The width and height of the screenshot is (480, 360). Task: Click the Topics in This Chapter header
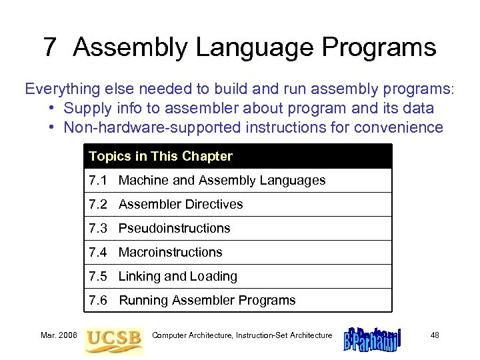161,157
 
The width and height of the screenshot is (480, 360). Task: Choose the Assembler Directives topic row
181,205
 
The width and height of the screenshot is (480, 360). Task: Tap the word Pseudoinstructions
174,229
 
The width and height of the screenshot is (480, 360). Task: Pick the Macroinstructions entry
170,253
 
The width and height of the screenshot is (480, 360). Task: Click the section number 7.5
98,277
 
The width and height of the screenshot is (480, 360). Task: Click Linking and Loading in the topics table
177,277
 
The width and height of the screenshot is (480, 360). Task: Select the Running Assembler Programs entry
207,301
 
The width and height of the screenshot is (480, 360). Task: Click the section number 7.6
98,301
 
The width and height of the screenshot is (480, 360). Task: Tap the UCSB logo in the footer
113,337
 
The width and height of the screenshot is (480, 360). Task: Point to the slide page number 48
435,335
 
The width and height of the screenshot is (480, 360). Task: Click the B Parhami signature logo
371,338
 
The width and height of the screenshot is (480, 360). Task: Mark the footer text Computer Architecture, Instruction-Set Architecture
242,335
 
